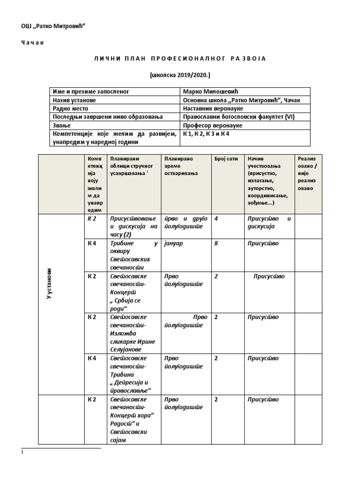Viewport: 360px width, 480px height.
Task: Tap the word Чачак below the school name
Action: click(x=34, y=43)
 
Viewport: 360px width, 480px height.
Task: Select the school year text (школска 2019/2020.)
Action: click(x=180, y=75)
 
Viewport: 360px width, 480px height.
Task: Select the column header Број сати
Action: click(x=227, y=159)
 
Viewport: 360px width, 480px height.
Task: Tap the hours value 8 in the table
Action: click(x=216, y=243)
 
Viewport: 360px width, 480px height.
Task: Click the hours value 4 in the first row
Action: click(x=216, y=218)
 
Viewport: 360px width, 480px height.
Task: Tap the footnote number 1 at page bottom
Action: click(x=22, y=452)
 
